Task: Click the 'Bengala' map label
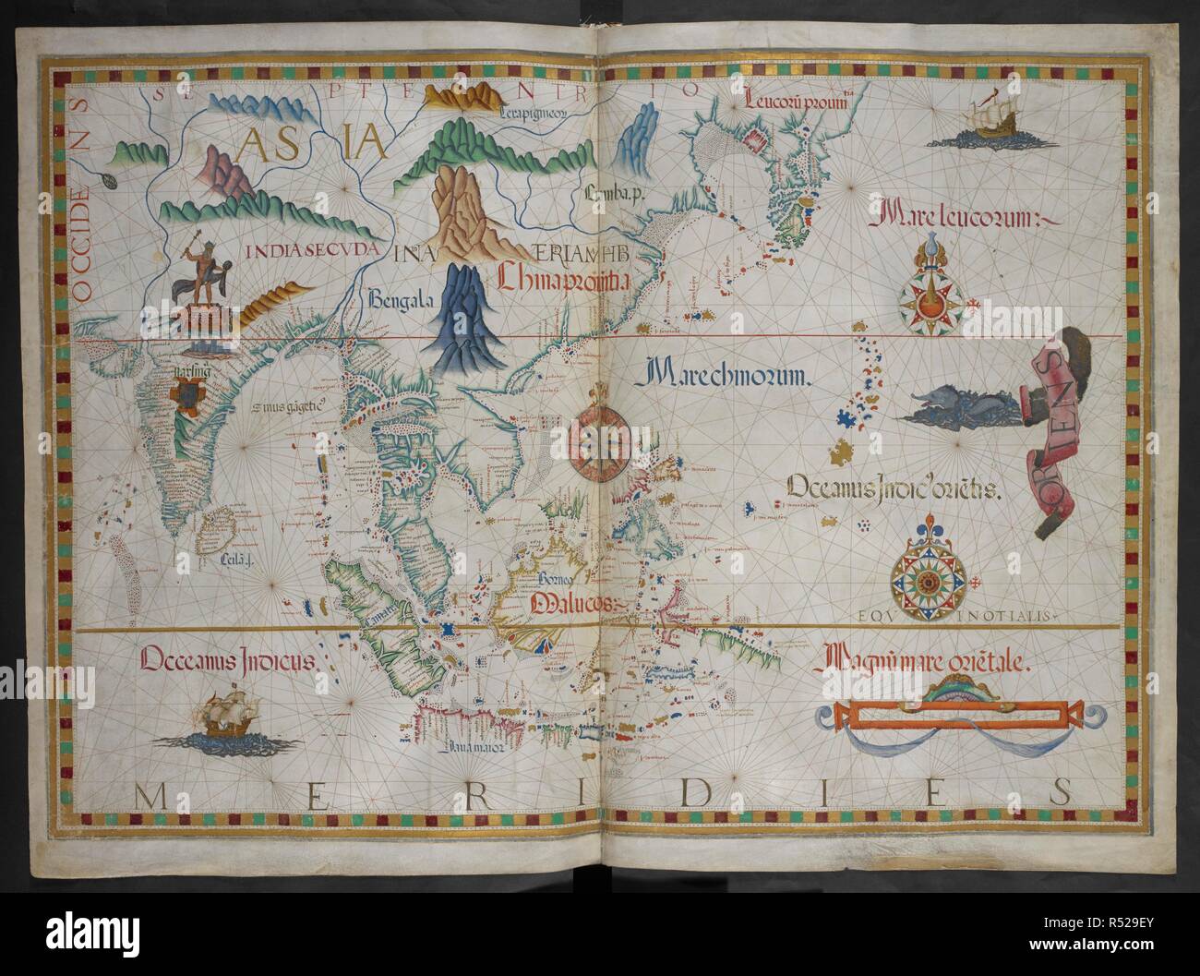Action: (400, 297)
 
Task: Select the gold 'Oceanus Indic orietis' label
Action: (891, 489)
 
